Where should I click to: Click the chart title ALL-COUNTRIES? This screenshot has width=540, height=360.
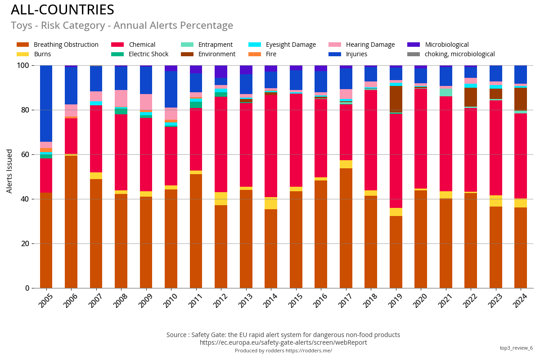pyautogui.click(x=63, y=10)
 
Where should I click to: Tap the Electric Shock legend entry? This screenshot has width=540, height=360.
pyautogui.click(x=148, y=54)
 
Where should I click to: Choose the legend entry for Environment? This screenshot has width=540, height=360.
pyautogui.click(x=216, y=54)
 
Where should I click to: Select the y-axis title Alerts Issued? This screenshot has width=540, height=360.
pyautogui.click(x=9, y=171)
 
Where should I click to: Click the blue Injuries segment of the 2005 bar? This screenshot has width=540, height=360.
pyautogui.click(x=46, y=103)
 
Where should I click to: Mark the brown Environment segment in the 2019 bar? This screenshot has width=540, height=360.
pyautogui.click(x=396, y=99)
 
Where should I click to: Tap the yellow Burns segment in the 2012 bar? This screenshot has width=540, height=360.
pyautogui.click(x=220, y=198)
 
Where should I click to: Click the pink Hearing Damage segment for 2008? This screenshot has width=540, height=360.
pyautogui.click(x=121, y=98)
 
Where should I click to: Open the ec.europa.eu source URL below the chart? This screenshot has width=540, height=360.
pyautogui.click(x=283, y=342)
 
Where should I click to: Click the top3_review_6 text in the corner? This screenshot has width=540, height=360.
pyautogui.click(x=516, y=348)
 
